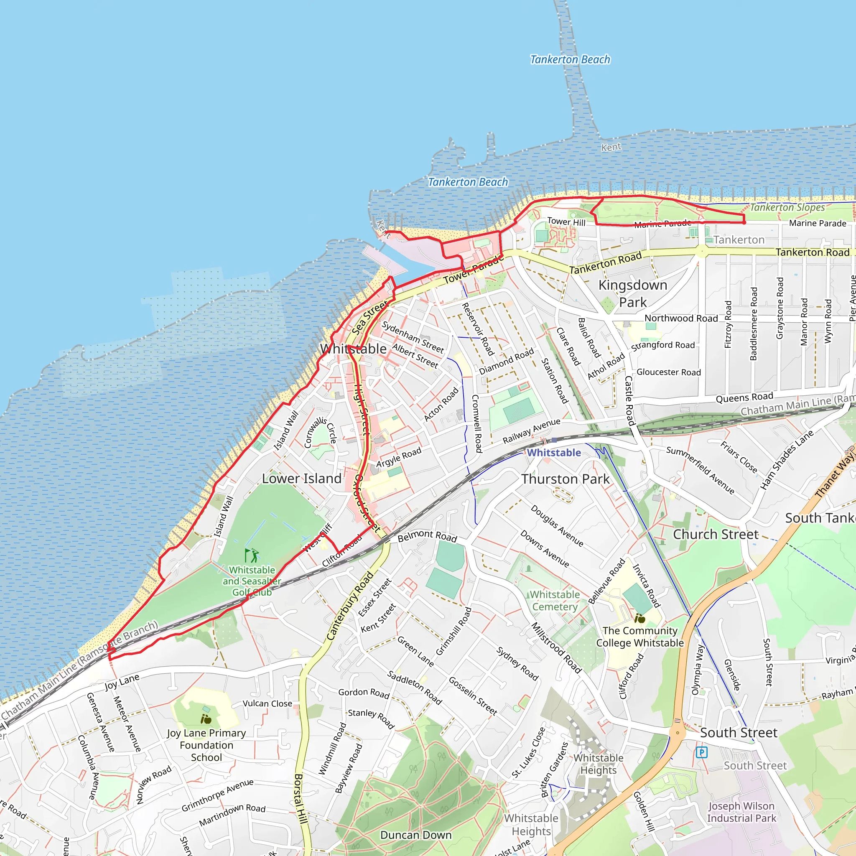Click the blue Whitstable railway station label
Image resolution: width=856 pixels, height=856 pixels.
(x=553, y=452)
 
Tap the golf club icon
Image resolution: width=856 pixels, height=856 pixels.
(x=252, y=555)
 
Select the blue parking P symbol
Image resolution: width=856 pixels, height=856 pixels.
(x=701, y=752)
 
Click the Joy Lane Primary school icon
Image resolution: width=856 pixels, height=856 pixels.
(x=206, y=718)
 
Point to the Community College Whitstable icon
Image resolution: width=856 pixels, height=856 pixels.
(x=639, y=618)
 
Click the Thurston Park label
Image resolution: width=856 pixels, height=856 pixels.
(x=566, y=479)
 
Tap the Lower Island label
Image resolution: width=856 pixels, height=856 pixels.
(x=301, y=479)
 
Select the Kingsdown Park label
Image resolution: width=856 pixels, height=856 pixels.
(x=633, y=293)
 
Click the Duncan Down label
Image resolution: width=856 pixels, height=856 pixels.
(x=415, y=835)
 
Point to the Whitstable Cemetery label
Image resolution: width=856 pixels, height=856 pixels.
(x=555, y=600)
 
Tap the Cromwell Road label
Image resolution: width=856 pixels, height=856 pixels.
(x=476, y=423)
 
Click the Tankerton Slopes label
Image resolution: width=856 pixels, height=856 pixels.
(x=787, y=207)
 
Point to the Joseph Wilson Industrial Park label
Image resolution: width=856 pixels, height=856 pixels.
(x=741, y=812)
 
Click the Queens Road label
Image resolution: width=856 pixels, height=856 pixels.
(x=744, y=397)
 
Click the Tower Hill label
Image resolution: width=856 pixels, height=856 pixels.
(x=566, y=222)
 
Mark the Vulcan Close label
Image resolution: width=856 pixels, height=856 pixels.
(x=267, y=703)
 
